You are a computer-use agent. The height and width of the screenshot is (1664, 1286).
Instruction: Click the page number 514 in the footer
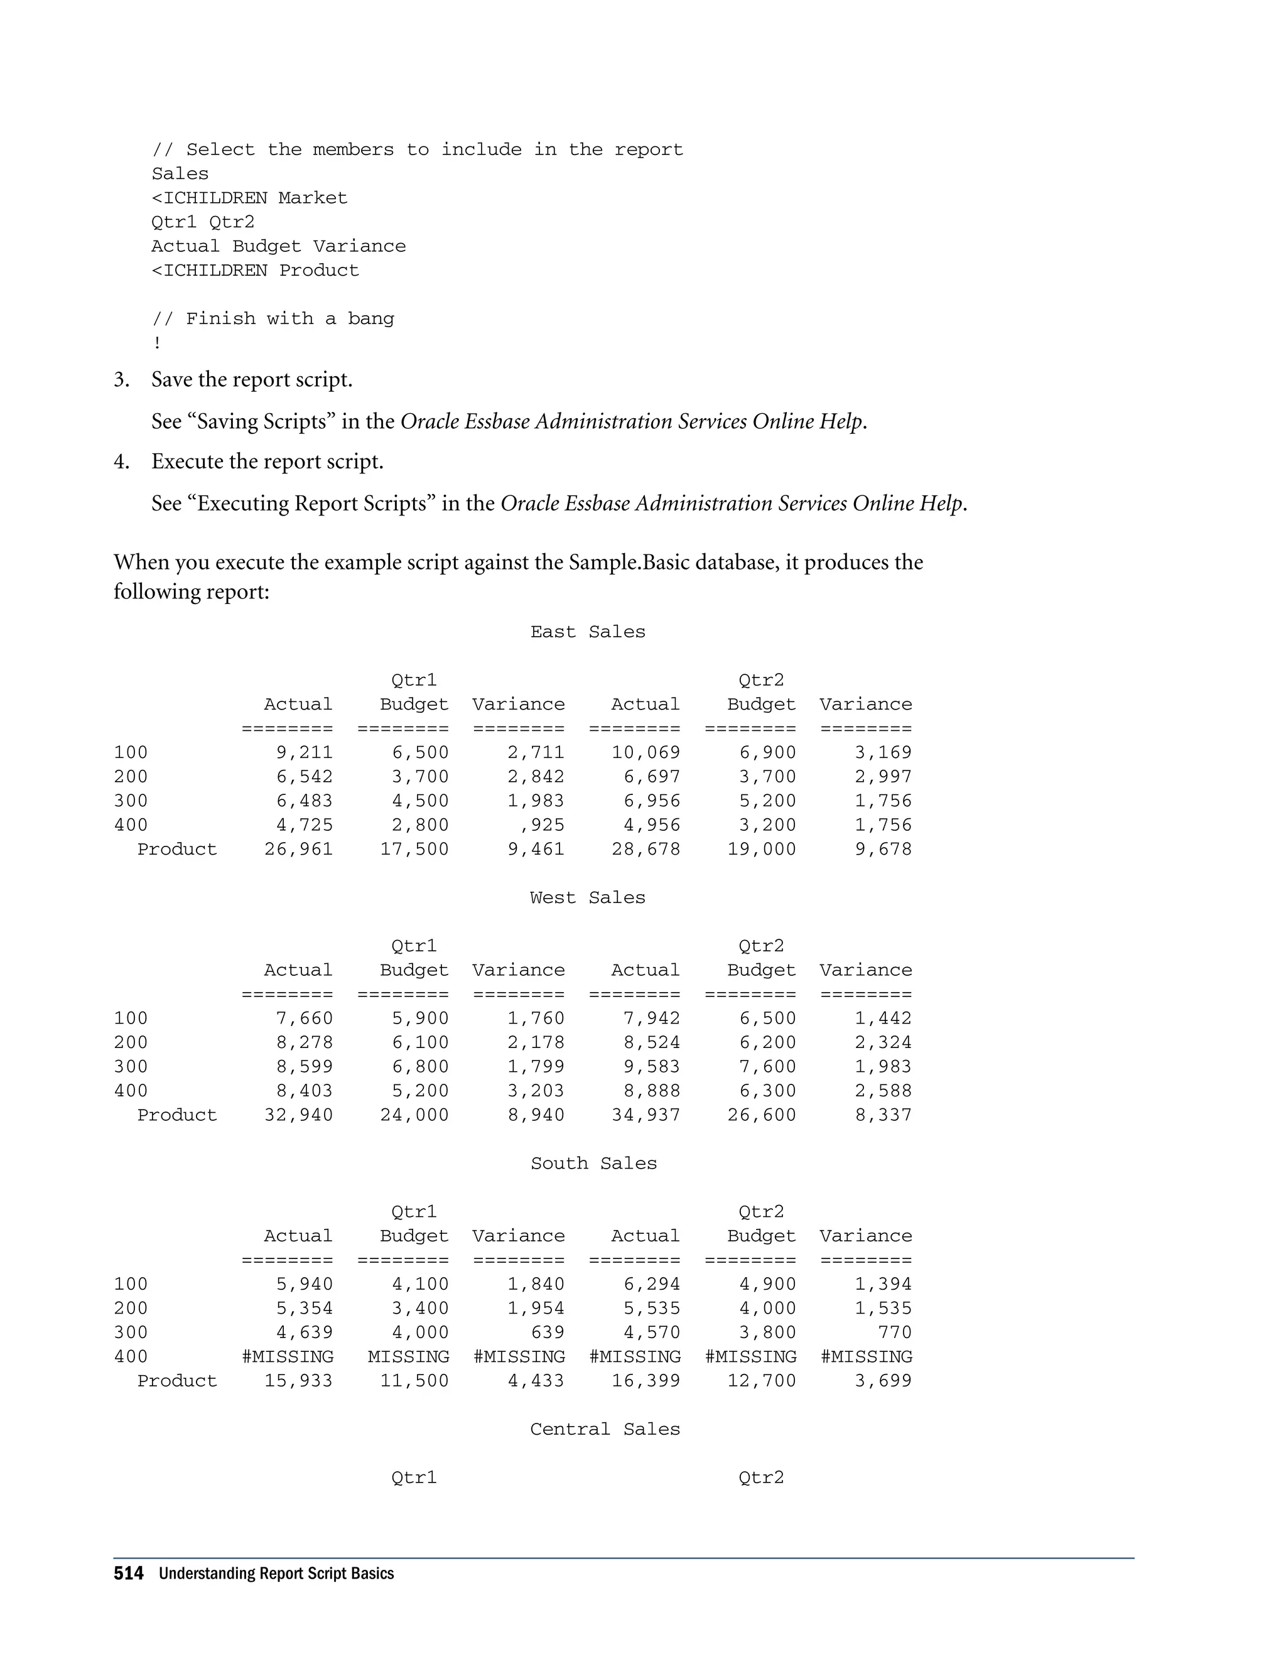(x=128, y=1574)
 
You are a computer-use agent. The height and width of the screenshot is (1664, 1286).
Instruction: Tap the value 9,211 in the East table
(x=304, y=753)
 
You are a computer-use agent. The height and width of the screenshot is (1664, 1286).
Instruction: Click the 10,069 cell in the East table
(x=646, y=753)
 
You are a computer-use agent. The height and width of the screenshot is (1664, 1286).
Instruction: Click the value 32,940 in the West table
(x=299, y=1115)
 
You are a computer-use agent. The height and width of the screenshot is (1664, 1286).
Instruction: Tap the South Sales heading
(x=593, y=1164)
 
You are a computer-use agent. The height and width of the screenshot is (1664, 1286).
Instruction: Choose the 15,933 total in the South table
(x=299, y=1381)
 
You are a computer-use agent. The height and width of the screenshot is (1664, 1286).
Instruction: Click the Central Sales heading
(x=605, y=1429)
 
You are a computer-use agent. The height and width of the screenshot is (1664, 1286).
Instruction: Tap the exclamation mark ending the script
(x=157, y=343)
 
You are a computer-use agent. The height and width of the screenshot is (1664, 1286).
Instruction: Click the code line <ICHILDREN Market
(x=249, y=198)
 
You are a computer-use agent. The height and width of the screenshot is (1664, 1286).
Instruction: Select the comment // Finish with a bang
(x=273, y=318)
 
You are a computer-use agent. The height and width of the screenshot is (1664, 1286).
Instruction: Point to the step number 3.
(x=121, y=379)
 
